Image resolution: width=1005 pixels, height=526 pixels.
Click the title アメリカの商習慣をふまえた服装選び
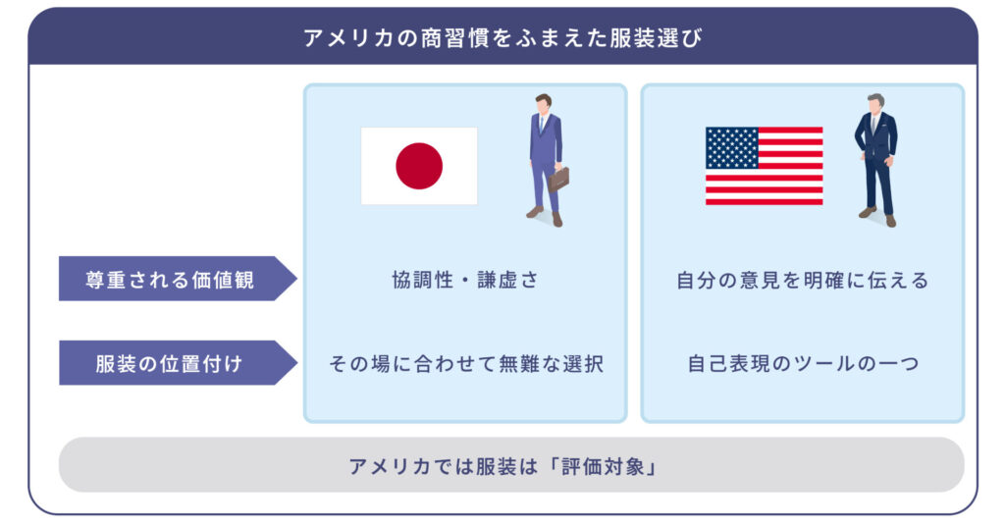point(502,38)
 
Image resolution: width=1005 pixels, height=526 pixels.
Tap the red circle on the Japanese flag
point(419,166)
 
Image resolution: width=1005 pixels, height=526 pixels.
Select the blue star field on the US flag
point(731,148)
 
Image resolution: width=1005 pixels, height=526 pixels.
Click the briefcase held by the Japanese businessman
point(558,179)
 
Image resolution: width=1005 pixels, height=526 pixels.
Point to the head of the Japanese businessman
point(543,103)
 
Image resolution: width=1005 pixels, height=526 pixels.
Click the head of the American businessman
point(876,103)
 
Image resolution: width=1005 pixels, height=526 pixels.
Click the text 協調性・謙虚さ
point(464,281)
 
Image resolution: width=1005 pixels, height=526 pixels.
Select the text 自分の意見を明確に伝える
point(802,281)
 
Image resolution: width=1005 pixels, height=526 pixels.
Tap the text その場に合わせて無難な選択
point(464,364)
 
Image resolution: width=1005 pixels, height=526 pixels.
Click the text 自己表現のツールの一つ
point(802,364)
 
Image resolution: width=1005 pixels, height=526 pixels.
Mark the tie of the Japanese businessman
point(541,126)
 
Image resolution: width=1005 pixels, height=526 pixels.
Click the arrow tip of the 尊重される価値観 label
point(292,280)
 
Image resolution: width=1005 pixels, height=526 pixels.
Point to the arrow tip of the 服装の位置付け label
point(292,363)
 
